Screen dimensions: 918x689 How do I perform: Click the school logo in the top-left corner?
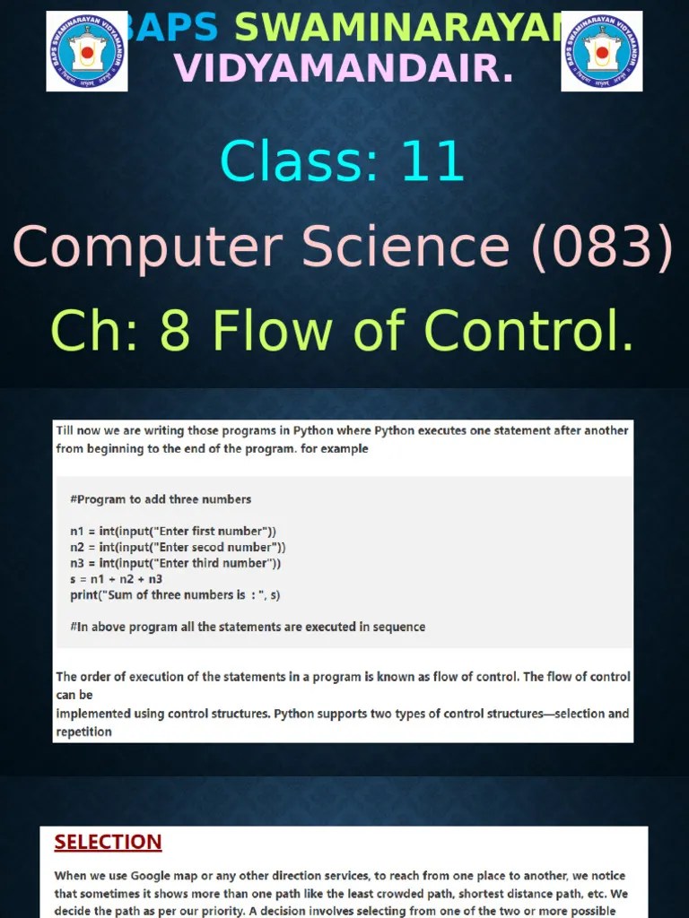[x=87, y=52]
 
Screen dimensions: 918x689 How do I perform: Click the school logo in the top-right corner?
[x=602, y=52]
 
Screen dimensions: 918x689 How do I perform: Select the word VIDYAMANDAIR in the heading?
[x=344, y=68]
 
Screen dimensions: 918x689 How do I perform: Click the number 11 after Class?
[x=432, y=162]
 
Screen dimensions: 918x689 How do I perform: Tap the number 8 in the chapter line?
[x=172, y=331]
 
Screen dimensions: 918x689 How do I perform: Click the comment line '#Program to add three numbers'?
[x=161, y=499]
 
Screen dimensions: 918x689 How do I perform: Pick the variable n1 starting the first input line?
[x=76, y=532]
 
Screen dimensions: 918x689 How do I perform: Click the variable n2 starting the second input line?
[x=76, y=547]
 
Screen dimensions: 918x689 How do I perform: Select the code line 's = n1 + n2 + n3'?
[x=116, y=579]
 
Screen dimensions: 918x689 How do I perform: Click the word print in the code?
[x=85, y=595]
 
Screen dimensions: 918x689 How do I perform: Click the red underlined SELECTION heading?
[x=108, y=843]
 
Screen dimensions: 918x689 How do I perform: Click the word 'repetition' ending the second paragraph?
[x=83, y=732]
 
